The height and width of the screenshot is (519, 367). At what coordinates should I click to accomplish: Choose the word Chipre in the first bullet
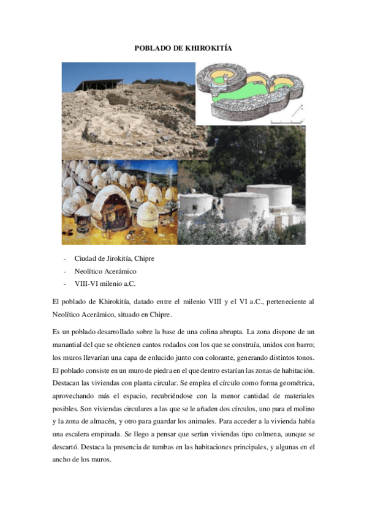[144, 259]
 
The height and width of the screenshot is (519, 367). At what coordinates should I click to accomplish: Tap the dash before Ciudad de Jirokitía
[65, 259]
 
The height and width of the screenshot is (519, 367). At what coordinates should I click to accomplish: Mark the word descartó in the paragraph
[68, 447]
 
